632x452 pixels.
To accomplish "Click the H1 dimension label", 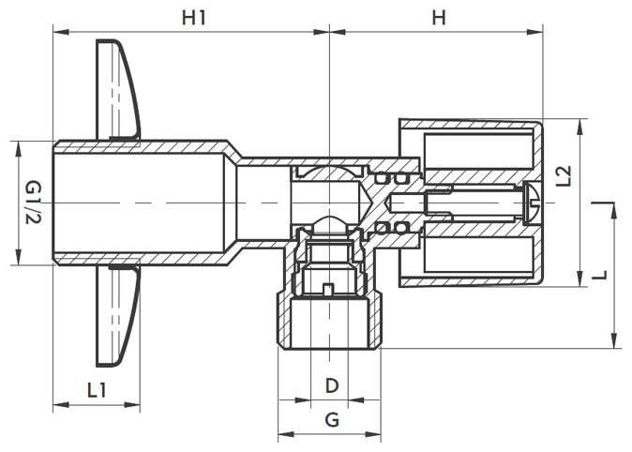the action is tap(194, 17).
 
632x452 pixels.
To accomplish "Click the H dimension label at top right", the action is tap(439, 17).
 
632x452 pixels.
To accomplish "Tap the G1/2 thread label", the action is tap(34, 203).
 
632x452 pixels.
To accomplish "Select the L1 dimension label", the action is tap(97, 390).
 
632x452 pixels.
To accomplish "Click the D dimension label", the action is tap(332, 385).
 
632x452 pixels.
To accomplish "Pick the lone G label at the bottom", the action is tap(332, 420).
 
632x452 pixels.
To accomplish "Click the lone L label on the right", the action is tap(599, 275).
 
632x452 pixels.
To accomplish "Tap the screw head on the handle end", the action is tap(534, 203).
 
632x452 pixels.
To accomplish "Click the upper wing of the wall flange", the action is tap(117, 89).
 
